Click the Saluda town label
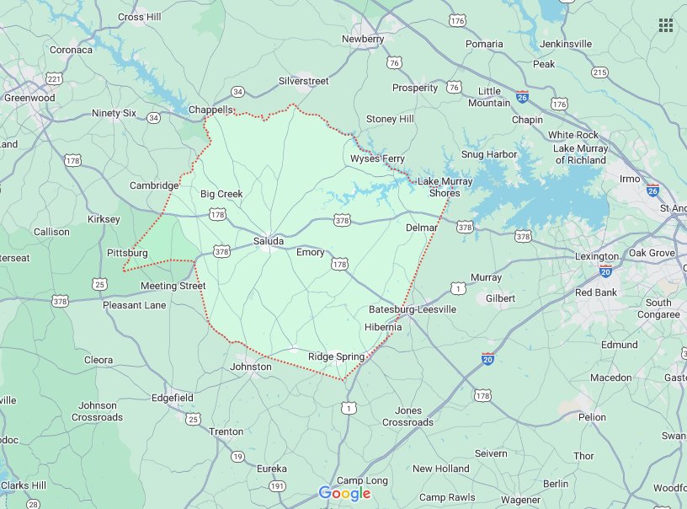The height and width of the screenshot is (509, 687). click(269, 241)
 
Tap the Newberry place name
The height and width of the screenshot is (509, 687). click(363, 39)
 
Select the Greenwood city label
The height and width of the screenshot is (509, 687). click(29, 98)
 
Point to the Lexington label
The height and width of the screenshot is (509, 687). click(596, 256)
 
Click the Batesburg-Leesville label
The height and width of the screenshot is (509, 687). click(413, 309)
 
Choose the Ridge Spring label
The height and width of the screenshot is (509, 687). click(336, 356)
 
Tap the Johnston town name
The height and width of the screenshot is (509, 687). click(251, 367)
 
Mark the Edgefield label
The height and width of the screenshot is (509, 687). click(173, 397)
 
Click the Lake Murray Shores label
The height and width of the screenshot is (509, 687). click(445, 187)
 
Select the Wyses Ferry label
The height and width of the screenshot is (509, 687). click(377, 158)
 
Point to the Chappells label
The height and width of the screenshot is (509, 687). click(210, 110)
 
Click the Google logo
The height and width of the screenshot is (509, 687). click(344, 493)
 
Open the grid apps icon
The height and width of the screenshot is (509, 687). click(666, 25)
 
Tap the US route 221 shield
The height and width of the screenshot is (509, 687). click(55, 79)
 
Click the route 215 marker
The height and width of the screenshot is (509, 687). click(599, 72)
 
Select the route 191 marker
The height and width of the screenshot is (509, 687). click(277, 486)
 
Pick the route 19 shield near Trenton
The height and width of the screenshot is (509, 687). click(237, 457)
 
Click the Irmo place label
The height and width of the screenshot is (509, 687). click(630, 179)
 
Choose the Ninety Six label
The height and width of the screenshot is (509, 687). click(114, 112)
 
